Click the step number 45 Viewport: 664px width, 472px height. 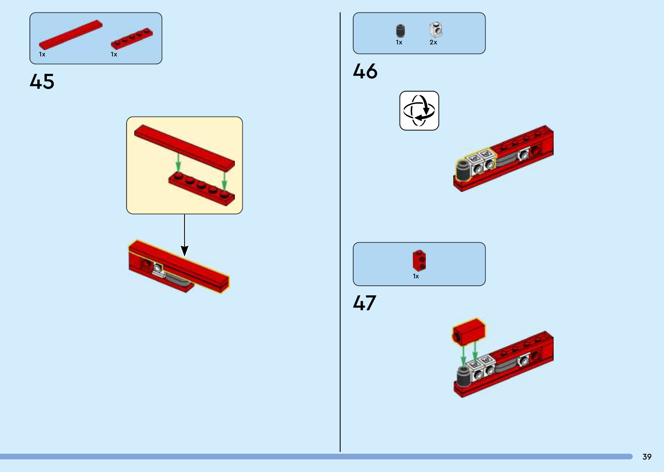click(42, 81)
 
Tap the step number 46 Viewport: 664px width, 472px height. click(365, 71)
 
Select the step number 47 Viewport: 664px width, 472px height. click(364, 303)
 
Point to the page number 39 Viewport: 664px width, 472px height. click(647, 457)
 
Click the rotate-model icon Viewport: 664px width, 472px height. click(419, 110)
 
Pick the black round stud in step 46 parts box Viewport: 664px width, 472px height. click(400, 31)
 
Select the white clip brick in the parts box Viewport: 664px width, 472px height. click(436, 30)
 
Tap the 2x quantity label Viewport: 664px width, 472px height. click(433, 42)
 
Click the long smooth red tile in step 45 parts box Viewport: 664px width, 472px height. click(71, 35)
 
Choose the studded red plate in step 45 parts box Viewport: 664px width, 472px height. click(132, 39)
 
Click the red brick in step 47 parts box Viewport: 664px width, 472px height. click(419, 260)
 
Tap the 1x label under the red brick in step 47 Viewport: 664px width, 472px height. click(415, 276)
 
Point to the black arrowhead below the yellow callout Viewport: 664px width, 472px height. click(184, 251)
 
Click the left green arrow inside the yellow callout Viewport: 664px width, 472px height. click(178, 162)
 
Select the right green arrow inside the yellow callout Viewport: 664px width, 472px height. click(225, 180)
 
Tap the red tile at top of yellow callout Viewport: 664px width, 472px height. click(184, 148)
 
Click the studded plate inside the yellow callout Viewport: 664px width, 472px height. click(202, 189)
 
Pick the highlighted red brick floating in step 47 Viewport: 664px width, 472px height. click(469, 332)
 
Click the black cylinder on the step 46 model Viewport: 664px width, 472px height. click(463, 170)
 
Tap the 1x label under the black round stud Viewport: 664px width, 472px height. click(399, 42)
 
